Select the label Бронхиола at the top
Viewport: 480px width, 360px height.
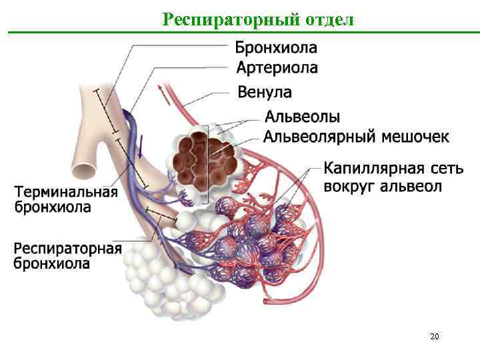pos(276,47)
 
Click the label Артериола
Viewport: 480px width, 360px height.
pos(277,67)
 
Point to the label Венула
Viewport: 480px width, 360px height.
pos(265,91)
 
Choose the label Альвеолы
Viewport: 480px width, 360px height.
pos(303,117)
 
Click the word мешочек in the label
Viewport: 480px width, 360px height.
pos(414,137)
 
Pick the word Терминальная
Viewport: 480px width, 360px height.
pos(66,192)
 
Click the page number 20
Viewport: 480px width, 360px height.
pos(434,337)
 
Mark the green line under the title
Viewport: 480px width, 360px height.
pos(240,32)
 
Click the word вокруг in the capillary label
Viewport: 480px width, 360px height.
pos(349,185)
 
